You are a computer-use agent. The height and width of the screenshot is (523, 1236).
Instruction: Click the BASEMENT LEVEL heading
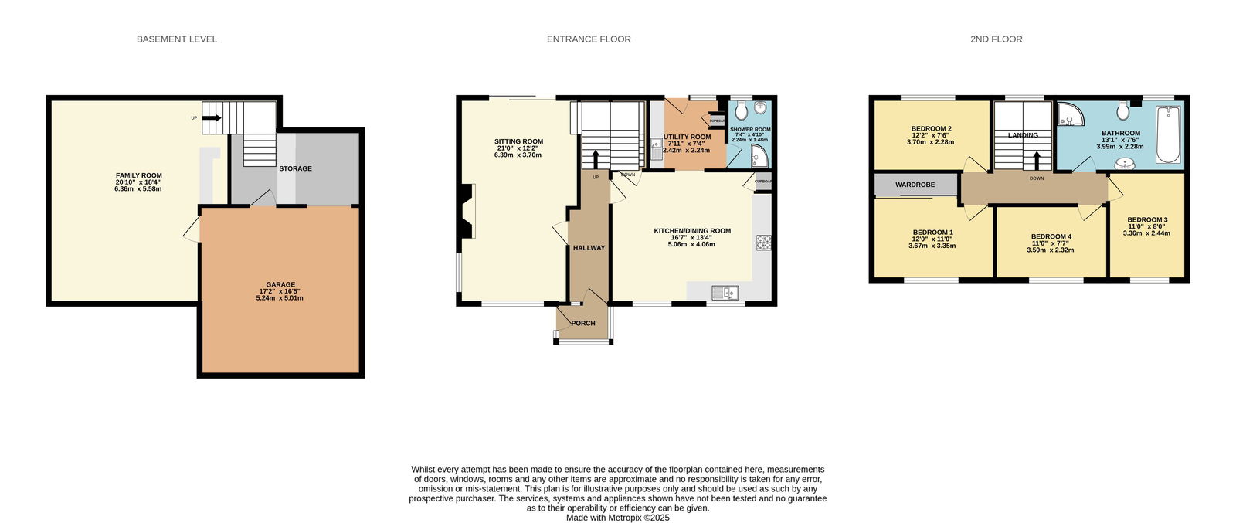(177, 39)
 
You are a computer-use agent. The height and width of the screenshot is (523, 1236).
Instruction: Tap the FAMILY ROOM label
(138, 175)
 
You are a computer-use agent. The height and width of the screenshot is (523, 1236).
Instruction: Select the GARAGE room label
(280, 284)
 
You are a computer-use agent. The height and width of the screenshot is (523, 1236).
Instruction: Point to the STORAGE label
(295, 168)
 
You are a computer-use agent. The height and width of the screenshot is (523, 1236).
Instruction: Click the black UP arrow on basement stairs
(212, 117)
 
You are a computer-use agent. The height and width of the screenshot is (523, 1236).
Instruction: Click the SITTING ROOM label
(518, 141)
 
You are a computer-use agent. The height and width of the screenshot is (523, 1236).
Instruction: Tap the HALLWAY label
(589, 248)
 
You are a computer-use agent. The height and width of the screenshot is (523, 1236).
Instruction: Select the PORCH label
(583, 323)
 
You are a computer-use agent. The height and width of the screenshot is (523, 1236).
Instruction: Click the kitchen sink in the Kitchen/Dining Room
(725, 292)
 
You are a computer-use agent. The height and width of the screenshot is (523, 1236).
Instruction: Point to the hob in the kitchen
(764, 243)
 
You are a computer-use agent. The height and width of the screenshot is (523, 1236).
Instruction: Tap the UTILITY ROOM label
(687, 137)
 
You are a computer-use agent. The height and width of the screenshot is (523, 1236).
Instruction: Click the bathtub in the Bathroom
(1167, 134)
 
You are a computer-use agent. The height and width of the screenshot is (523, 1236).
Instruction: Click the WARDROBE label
(915, 185)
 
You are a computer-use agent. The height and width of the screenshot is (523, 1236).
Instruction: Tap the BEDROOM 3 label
(1147, 219)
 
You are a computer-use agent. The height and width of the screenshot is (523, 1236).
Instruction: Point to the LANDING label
(1023, 135)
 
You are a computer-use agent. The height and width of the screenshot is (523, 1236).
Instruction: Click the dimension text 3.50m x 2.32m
(1050, 250)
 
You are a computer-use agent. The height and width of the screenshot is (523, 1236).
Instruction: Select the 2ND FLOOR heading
(996, 39)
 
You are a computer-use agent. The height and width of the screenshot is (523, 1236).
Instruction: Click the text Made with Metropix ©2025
(617, 518)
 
